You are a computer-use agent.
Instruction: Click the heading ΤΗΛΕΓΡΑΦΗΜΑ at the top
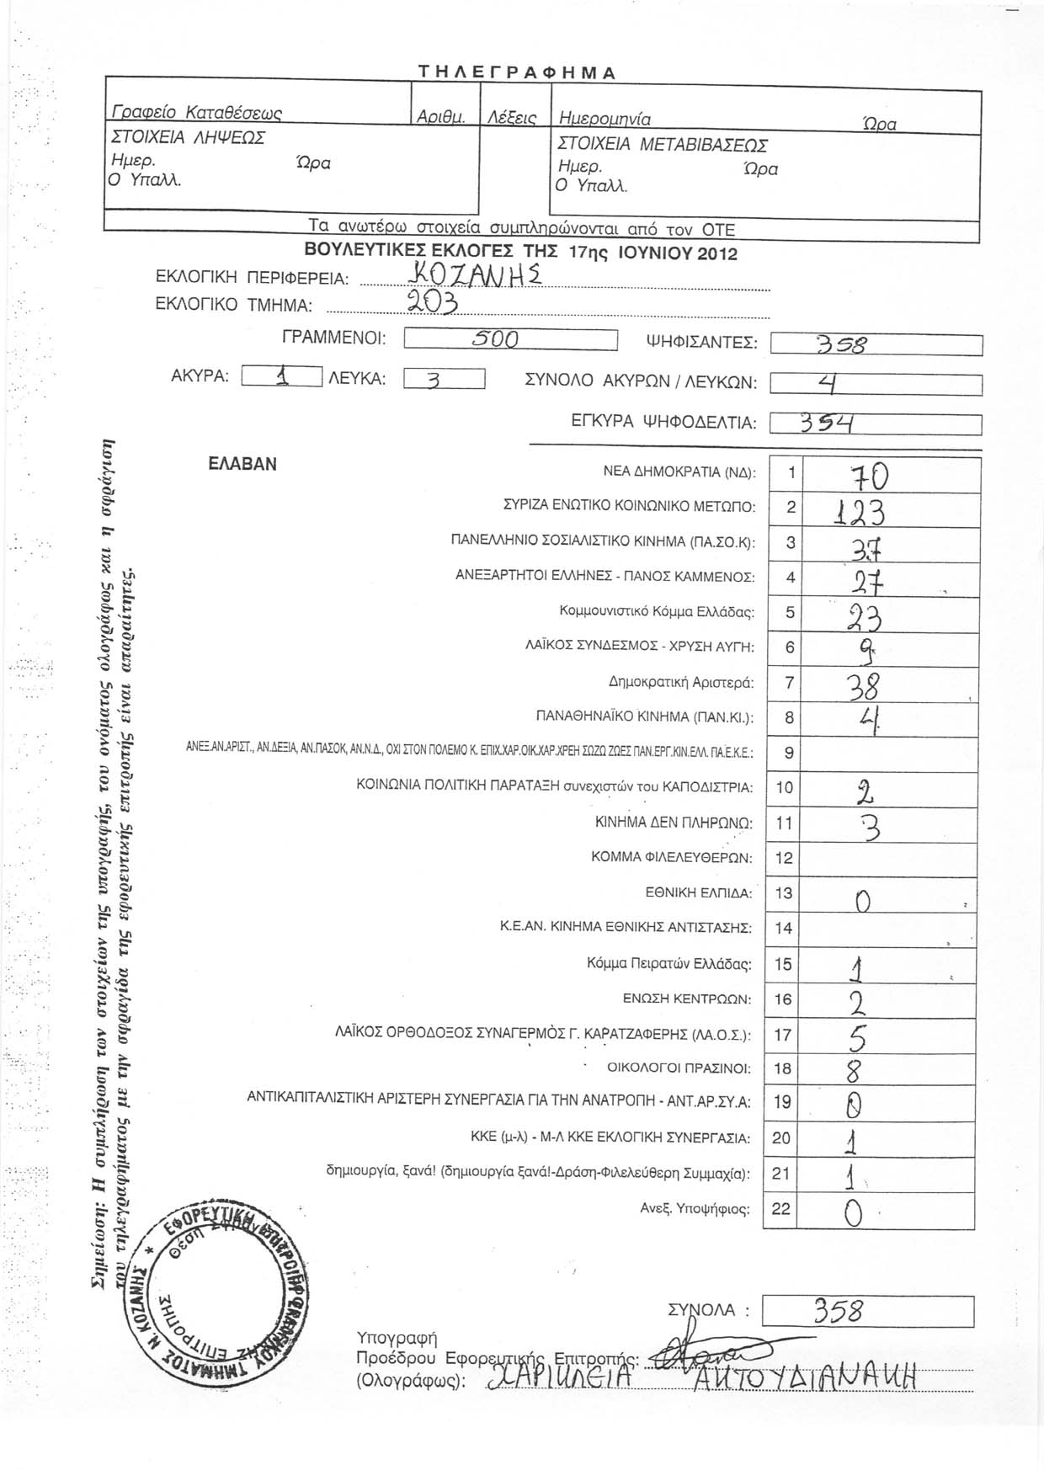(517, 72)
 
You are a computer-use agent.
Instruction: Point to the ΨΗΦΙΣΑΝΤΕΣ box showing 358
(876, 345)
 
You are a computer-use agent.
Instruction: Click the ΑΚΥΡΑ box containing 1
(281, 378)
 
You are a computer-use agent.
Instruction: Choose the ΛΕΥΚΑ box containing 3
(444, 380)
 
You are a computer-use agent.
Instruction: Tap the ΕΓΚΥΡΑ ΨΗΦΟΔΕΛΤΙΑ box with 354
(876, 423)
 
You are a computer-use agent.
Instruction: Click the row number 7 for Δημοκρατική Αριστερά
(789, 683)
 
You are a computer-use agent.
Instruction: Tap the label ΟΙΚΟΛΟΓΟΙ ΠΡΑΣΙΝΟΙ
(679, 1069)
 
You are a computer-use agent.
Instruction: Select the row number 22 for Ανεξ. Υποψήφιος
(781, 1209)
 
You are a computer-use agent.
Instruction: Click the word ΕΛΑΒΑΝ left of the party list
(242, 465)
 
